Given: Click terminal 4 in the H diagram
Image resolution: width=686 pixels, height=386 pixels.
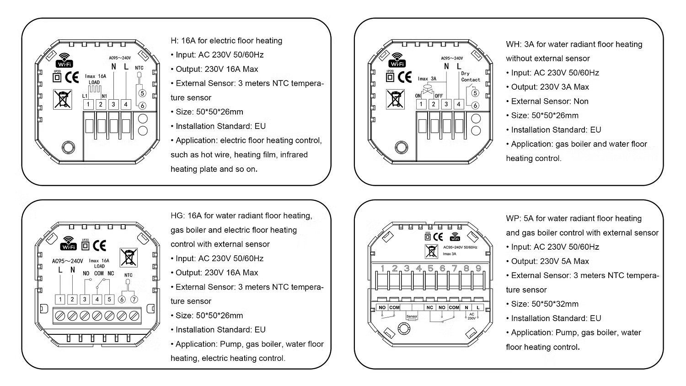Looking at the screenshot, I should pos(126,105).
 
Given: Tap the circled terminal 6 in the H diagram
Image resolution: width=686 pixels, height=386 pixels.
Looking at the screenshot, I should pos(142,105).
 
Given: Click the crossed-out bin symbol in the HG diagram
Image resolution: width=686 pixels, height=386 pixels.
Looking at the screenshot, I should pos(129,257).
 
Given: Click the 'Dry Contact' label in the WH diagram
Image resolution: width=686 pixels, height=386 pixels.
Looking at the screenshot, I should pos(470,77).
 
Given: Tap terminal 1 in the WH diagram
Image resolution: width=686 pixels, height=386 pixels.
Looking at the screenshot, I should pos(421,105).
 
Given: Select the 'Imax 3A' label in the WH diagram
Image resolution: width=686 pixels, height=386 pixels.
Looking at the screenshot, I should pos(427,79).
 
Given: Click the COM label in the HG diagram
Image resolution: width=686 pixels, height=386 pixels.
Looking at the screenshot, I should pos(99,273).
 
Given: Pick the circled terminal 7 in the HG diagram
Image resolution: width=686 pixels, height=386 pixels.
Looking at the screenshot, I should pos(134,300).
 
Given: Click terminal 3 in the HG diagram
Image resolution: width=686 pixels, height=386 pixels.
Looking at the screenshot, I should pos(85,300).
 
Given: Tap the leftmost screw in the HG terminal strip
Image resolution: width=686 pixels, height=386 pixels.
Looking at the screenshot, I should pos(60,316).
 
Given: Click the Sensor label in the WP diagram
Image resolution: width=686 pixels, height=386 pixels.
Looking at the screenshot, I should pos(412,316).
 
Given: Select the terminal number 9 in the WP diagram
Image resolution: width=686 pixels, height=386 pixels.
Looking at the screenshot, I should pos(478,268).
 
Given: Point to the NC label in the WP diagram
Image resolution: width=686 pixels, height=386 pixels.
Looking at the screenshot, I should pos(429,307).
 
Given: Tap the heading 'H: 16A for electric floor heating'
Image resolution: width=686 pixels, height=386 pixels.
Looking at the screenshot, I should pos(226,41).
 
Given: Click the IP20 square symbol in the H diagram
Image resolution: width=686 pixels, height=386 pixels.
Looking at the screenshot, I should pos(57,77).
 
